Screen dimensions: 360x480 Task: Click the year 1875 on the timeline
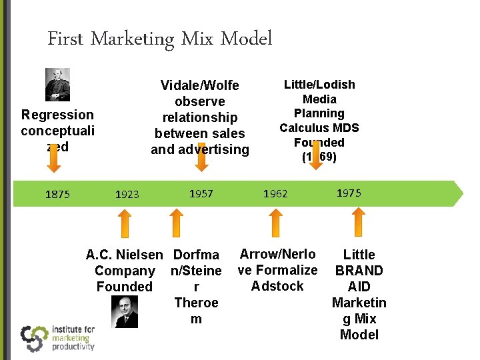[57, 194]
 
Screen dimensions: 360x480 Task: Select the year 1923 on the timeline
[127, 195]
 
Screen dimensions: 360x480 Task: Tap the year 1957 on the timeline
[201, 193]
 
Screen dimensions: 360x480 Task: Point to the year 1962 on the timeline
[275, 194]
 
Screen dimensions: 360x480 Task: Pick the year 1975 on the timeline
[349, 193]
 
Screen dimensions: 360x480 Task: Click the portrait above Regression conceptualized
[57, 85]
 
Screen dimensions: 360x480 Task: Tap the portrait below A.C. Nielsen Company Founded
[125, 311]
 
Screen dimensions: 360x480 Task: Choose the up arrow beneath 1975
[359, 223]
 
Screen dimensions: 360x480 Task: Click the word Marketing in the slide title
[131, 39]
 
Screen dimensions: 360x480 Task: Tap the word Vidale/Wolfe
[200, 85]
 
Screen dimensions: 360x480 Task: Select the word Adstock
[277, 286]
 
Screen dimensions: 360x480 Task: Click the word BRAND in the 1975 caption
[359, 271]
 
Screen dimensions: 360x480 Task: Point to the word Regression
[57, 115]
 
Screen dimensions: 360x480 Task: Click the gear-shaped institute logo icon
[33, 337]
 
